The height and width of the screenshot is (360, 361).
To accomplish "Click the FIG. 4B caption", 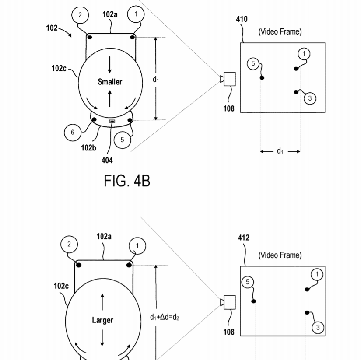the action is pyautogui.click(x=127, y=181).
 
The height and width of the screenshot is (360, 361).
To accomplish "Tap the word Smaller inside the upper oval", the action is pyautogui.click(x=110, y=82).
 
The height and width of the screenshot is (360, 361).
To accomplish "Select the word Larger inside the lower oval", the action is pyautogui.click(x=102, y=320).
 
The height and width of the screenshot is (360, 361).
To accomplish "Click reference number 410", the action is pyautogui.click(x=242, y=19).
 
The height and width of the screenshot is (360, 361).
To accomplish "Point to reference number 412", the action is pyautogui.click(x=244, y=238).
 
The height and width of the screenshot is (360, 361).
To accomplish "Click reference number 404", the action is pyautogui.click(x=107, y=160).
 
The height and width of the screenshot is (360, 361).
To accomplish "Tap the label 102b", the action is pyautogui.click(x=89, y=148).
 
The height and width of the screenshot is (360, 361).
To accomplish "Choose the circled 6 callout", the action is pyautogui.click(x=73, y=133).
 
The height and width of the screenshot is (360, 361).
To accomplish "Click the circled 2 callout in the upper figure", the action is pyautogui.click(x=80, y=15).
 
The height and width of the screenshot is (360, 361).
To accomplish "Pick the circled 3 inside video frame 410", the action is pyautogui.click(x=310, y=98).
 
